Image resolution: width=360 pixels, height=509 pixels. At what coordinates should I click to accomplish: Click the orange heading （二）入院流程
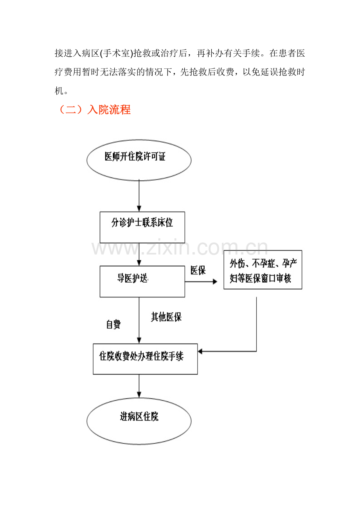pyautogui.click(x=94, y=110)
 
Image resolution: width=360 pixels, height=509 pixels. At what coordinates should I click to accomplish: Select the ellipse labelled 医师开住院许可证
pyautogui.click(x=139, y=160)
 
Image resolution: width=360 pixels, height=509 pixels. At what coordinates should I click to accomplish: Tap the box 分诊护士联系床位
pyautogui.click(x=142, y=227)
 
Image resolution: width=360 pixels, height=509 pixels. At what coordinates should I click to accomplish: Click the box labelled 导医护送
pyautogui.click(x=142, y=281)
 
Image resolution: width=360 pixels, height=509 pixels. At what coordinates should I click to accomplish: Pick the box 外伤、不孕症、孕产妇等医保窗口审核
pyautogui.click(x=263, y=270)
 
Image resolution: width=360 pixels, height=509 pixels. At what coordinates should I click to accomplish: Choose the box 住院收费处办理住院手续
pyautogui.click(x=145, y=359)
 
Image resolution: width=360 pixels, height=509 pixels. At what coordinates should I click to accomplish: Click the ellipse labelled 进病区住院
pyautogui.click(x=139, y=421)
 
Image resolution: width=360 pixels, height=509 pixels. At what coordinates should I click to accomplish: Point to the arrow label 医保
pyautogui.click(x=198, y=271)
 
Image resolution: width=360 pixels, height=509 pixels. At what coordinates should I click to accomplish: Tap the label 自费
pyautogui.click(x=113, y=324)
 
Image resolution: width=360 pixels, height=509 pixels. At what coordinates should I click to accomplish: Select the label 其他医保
pyautogui.click(x=166, y=317)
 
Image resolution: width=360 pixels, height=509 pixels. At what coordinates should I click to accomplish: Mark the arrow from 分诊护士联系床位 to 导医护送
pyautogui.click(x=139, y=254)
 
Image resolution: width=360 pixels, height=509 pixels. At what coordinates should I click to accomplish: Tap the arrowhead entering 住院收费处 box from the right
pyautogui.click(x=200, y=351)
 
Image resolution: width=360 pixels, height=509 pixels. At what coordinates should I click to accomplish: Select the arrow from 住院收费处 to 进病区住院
pyautogui.click(x=139, y=387)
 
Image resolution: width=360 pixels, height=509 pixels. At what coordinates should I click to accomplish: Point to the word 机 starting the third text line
pyautogui.click(x=58, y=91)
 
